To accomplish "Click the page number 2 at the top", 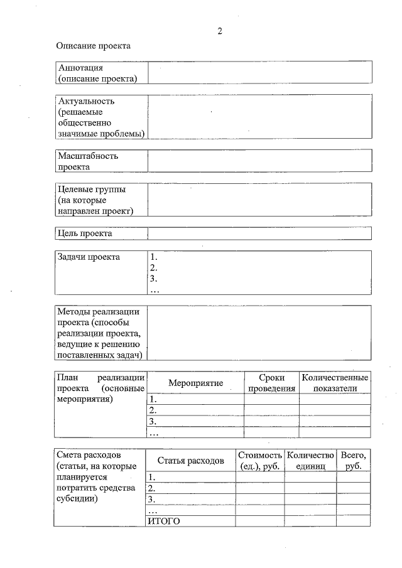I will (220, 31).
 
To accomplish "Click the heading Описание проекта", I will (93, 46).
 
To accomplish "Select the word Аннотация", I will (80, 67).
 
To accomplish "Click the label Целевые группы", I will (91, 189).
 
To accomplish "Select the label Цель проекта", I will (85, 233).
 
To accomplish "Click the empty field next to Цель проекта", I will (259, 233).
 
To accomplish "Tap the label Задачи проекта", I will (89, 257).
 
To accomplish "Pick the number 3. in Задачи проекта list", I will (154, 279).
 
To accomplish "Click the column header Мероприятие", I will (196, 383).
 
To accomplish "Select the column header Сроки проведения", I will (271, 383).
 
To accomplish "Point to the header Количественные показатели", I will (335, 383).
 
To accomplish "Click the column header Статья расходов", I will (190, 461).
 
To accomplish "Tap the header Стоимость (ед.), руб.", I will (259, 461).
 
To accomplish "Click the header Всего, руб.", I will (353, 461).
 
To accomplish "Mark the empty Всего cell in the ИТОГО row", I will (353, 521).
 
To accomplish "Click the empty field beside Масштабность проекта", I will (259, 161).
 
